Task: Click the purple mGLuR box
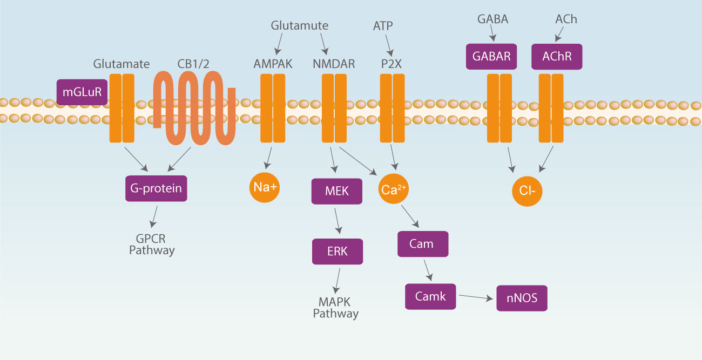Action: (82, 92)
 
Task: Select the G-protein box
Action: (156, 188)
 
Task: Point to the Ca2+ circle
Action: (394, 189)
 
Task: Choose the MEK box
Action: (337, 191)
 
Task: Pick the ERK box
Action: (337, 251)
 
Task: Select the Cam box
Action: (423, 243)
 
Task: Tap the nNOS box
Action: (522, 298)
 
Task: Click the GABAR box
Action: (491, 57)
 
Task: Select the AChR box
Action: (557, 57)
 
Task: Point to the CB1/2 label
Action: (193, 64)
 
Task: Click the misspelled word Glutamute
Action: (299, 25)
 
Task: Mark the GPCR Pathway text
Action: (152, 244)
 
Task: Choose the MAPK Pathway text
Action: (335, 308)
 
